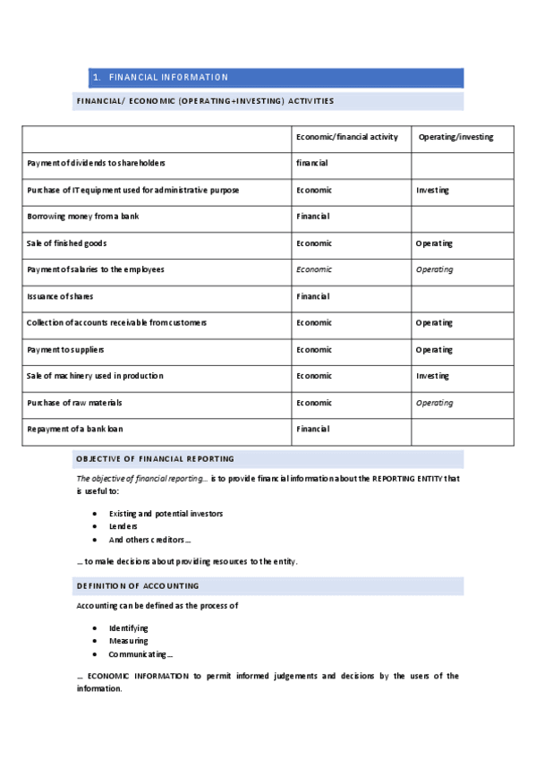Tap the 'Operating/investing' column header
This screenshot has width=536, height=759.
tap(455, 137)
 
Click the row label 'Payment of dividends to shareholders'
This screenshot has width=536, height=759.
tap(96, 163)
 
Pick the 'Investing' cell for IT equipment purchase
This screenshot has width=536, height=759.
tap(432, 190)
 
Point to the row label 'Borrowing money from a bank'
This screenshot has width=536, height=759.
tap(83, 217)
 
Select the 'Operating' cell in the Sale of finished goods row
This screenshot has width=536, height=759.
tap(434, 243)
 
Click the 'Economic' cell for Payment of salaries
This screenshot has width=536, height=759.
tap(314, 269)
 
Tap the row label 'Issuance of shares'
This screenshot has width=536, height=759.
tap(60, 296)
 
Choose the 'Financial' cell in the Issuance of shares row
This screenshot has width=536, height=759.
tap(313, 296)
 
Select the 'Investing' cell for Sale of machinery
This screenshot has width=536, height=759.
tap(432, 376)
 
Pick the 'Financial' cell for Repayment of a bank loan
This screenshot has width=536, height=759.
tap(313, 430)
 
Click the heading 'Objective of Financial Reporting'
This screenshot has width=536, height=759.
tap(156, 459)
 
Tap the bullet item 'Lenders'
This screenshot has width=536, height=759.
tap(123, 526)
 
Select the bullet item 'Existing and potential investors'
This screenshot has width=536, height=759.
tap(166, 514)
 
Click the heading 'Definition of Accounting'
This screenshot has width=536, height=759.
tap(138, 586)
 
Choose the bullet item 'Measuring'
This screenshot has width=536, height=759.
tap(129, 641)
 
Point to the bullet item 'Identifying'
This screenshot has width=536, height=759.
tap(129, 628)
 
